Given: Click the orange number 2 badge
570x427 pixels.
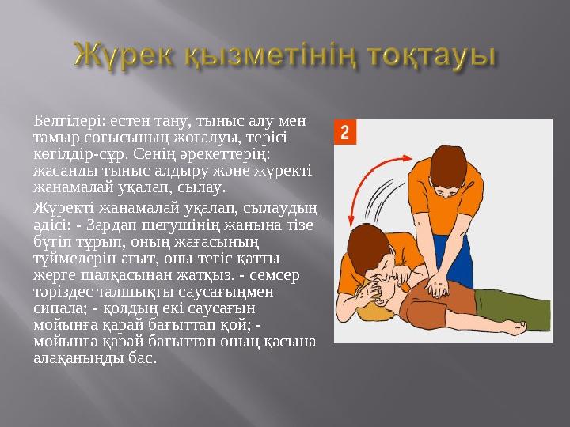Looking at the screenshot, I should [344, 132].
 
